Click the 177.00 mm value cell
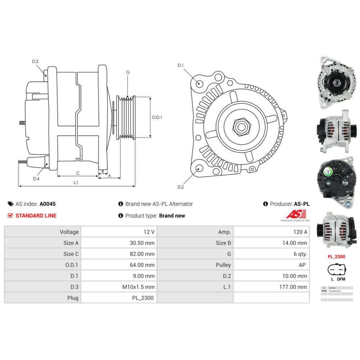294,287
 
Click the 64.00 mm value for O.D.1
142,265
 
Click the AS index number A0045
48,204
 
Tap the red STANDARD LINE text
36,216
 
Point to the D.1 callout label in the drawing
181,65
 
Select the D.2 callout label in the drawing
181,187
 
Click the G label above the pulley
128,72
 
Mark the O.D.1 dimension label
157,117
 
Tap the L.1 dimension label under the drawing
76,183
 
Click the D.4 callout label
36,179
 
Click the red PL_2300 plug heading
337,257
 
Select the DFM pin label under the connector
341,279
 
